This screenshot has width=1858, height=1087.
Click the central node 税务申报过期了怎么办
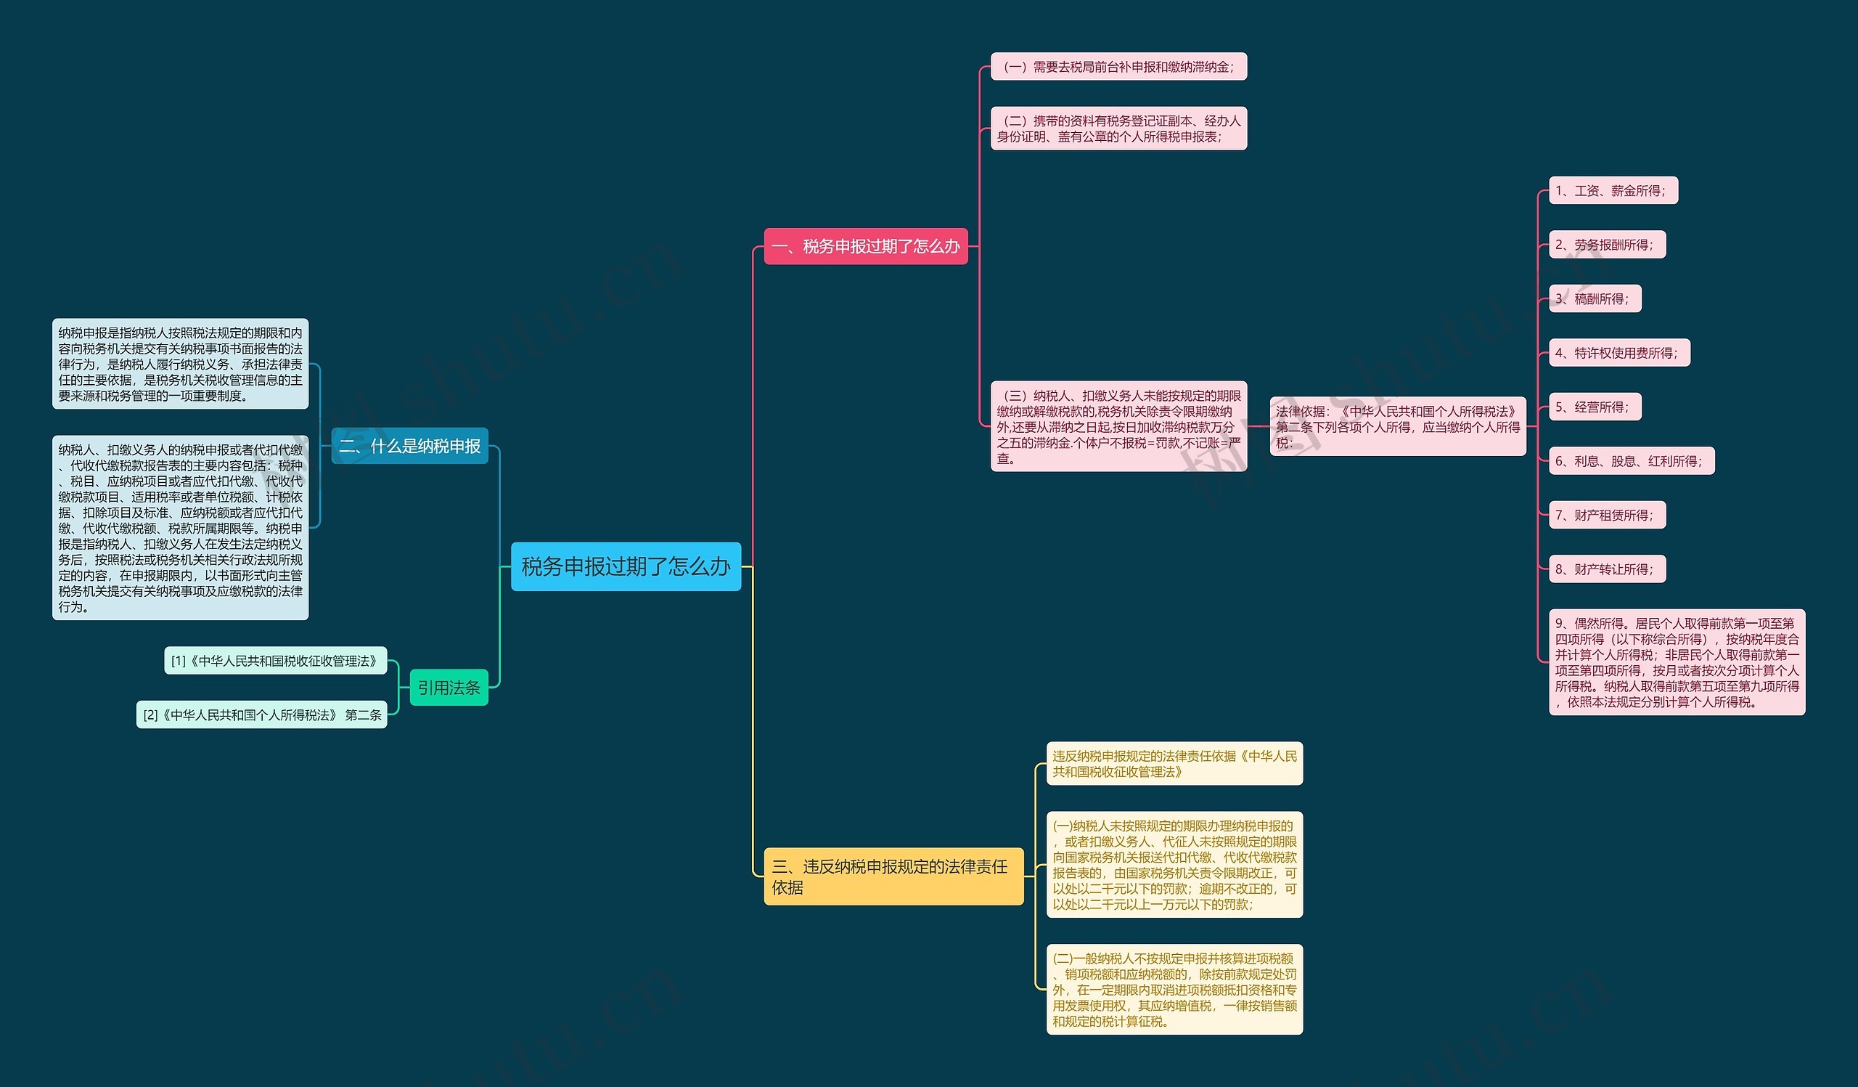(x=625, y=566)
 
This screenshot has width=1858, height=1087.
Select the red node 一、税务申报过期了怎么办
(x=866, y=246)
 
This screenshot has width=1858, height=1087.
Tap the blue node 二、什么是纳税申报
(x=409, y=446)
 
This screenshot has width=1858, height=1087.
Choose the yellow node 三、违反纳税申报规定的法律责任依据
(x=893, y=876)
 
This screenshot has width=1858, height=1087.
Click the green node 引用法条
(x=449, y=688)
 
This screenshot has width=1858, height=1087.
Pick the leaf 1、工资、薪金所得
(x=1613, y=190)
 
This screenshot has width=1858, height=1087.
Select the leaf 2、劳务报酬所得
(x=1607, y=245)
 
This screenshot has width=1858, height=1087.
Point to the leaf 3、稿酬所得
(x=1595, y=298)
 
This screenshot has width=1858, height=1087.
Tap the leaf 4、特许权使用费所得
(x=1618, y=352)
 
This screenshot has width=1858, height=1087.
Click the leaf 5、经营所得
(x=1595, y=407)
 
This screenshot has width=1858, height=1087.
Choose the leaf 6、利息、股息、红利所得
(x=1631, y=461)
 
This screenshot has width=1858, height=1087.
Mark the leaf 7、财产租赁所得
(x=1607, y=515)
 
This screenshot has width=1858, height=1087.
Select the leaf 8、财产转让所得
(x=1607, y=569)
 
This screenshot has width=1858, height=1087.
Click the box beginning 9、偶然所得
(x=1677, y=662)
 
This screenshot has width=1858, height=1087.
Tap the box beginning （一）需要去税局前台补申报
(x=1118, y=66)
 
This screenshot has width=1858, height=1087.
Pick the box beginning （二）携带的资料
(x=1118, y=129)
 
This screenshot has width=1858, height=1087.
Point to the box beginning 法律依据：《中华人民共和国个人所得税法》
(x=1397, y=426)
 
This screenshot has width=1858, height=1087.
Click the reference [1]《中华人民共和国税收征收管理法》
(x=275, y=661)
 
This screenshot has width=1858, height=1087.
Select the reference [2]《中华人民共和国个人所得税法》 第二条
(x=262, y=715)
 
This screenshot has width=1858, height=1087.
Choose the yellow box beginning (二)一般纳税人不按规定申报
(x=1174, y=990)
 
